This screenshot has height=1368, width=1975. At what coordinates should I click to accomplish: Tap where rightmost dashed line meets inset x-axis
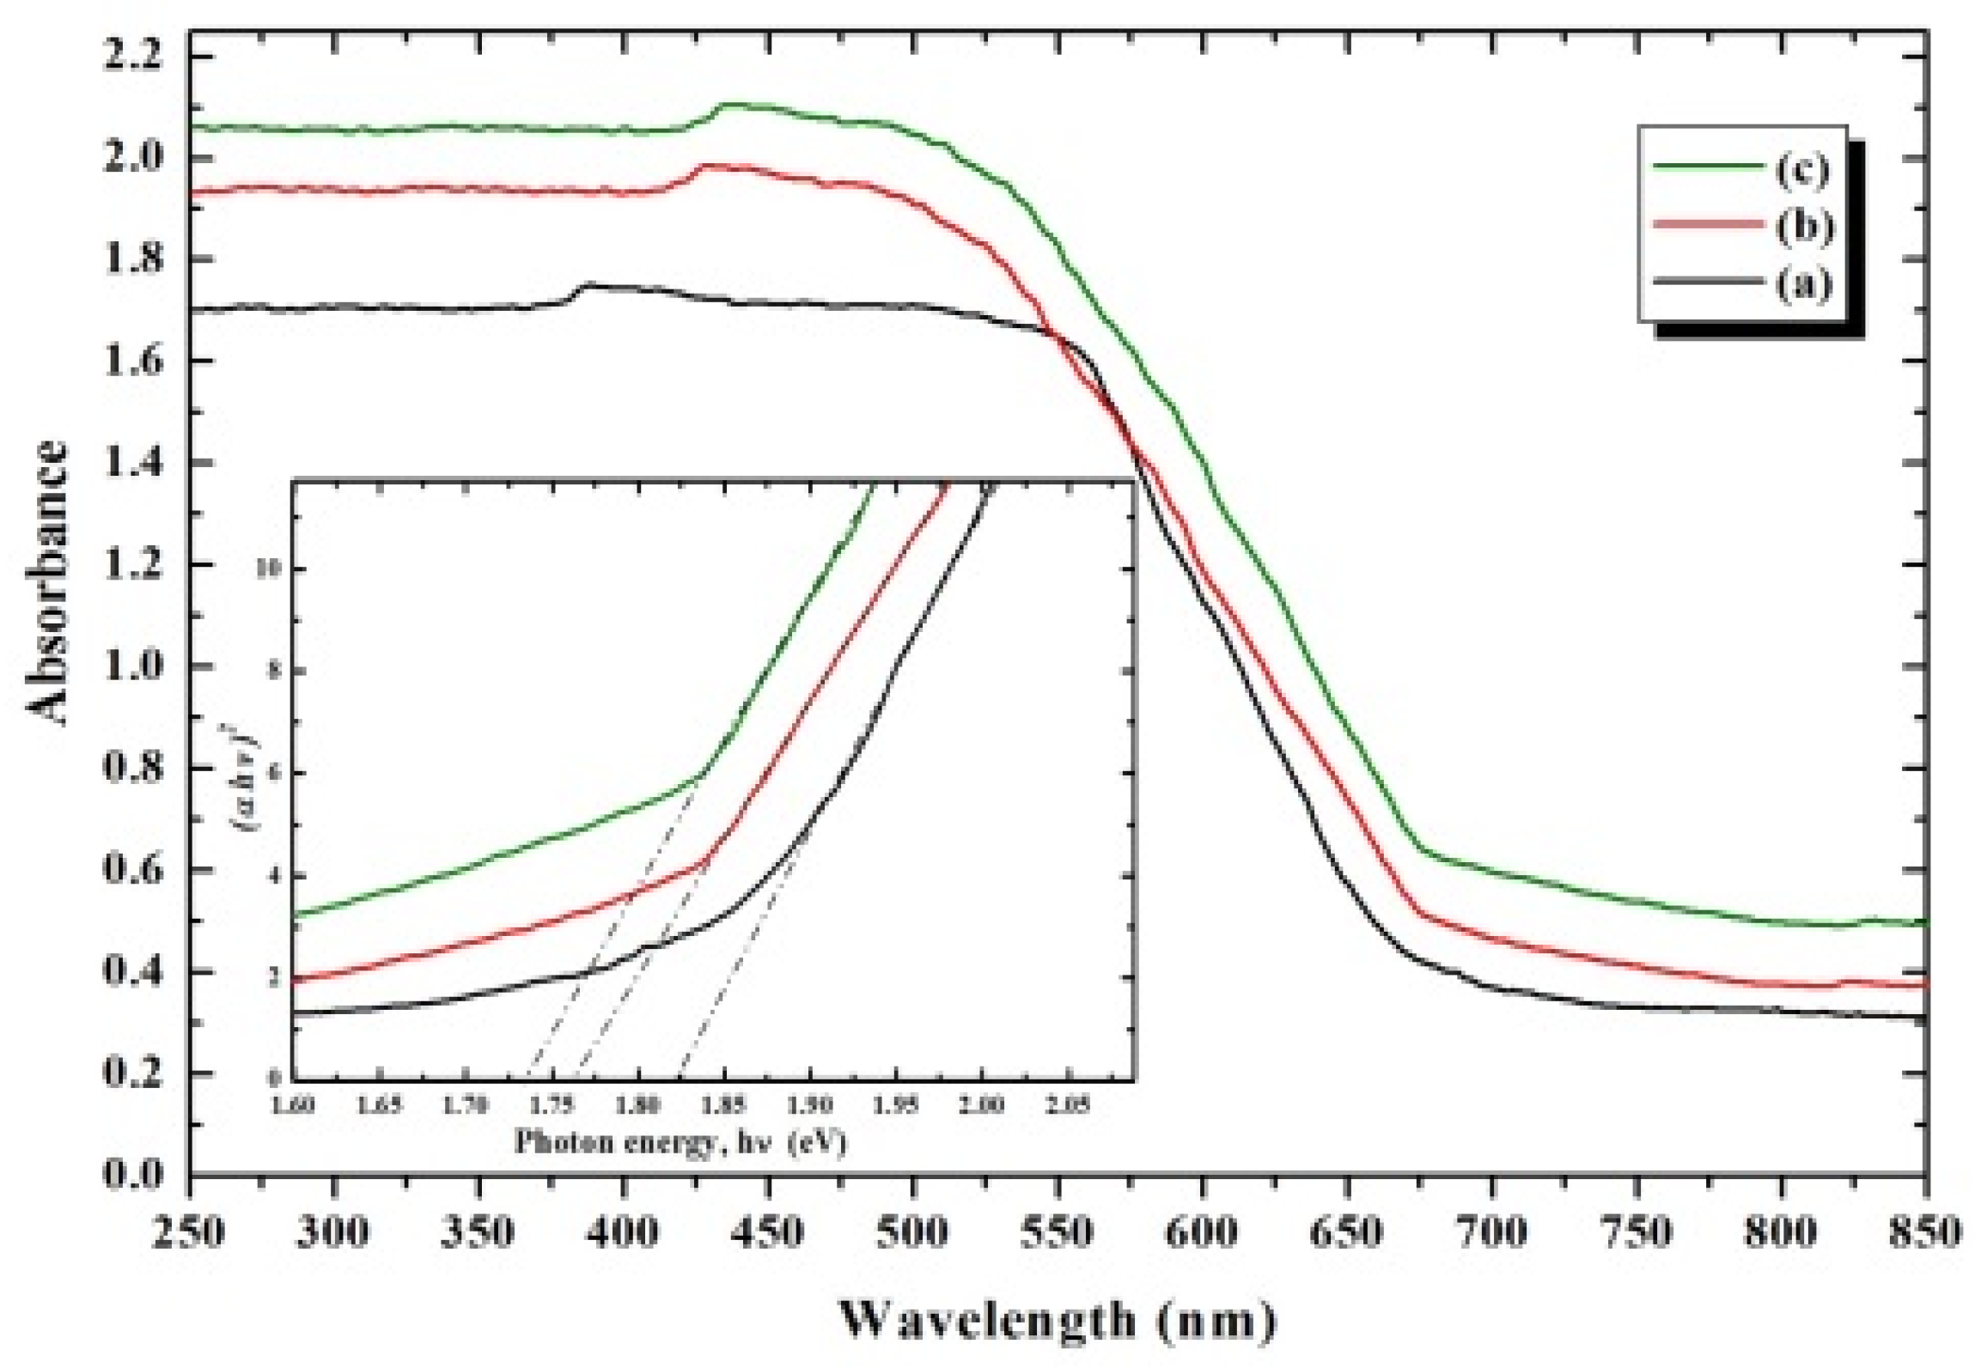(x=681, y=1078)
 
